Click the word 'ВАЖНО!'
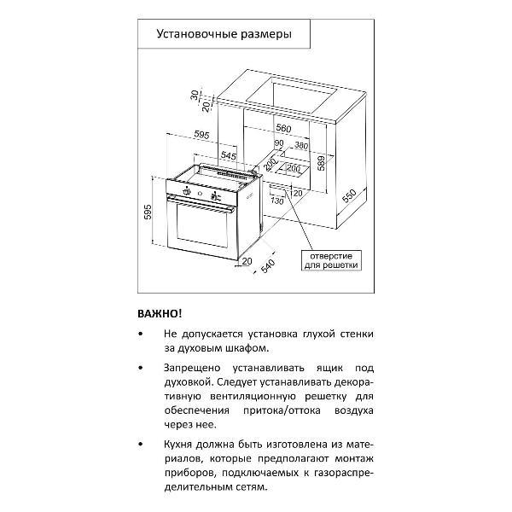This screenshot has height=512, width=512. [160, 313]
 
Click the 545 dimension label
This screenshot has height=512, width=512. [229, 155]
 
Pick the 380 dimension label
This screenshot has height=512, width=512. [300, 145]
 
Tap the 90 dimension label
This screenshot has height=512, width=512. [278, 143]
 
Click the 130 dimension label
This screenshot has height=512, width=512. [276, 201]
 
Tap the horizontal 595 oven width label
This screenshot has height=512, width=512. [201, 135]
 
